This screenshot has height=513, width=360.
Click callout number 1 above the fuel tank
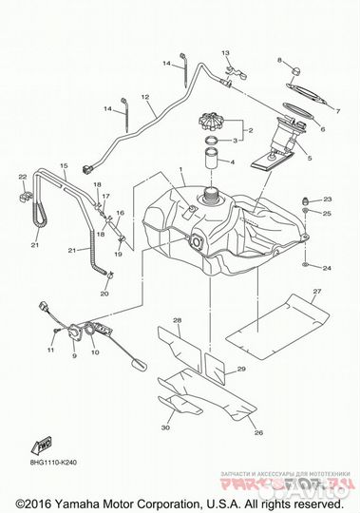pyautogui.click(x=179, y=170)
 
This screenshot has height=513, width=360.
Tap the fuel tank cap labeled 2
pyautogui.click(x=216, y=123)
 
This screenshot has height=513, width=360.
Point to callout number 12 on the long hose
pyautogui.click(x=146, y=97)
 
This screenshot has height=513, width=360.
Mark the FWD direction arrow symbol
pyautogui.click(x=44, y=446)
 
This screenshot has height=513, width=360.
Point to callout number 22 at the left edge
pyautogui.click(x=21, y=176)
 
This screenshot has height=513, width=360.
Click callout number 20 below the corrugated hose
pyautogui.click(x=105, y=294)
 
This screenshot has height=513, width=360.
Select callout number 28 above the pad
pyautogui.click(x=177, y=321)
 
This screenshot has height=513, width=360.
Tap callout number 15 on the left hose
pyautogui.click(x=65, y=166)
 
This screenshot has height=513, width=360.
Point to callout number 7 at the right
pyautogui.click(x=338, y=112)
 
